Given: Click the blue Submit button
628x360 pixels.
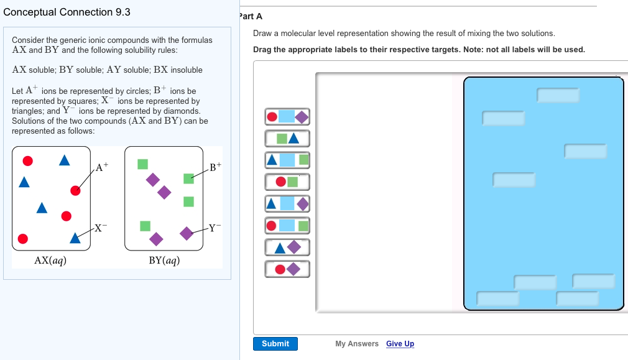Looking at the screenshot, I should pyautogui.click(x=275, y=344).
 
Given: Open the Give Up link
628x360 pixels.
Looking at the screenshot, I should pyautogui.click(x=400, y=344).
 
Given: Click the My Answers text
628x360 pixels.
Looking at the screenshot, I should pyautogui.click(x=356, y=344).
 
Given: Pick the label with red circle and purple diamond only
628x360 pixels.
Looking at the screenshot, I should pyautogui.click(x=287, y=269).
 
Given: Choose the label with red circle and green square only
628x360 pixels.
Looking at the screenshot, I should pyautogui.click(x=287, y=182).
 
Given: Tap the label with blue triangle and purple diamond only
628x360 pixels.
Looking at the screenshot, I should pyautogui.click(x=287, y=247).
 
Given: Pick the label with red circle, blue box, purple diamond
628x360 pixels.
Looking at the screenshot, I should pyautogui.click(x=287, y=116).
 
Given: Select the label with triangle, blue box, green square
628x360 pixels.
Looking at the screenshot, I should pyautogui.click(x=287, y=160).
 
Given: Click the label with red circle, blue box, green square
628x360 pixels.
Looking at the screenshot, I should pyautogui.click(x=287, y=225).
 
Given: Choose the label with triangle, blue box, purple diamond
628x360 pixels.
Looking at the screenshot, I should pyautogui.click(x=287, y=203).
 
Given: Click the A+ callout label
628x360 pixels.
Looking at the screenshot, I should pyautogui.click(x=102, y=167).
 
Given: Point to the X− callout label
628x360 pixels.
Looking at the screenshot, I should pyautogui.click(x=100, y=228).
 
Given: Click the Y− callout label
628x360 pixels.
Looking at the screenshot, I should pyautogui.click(x=214, y=228).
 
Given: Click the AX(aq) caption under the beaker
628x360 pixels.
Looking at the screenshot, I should pyautogui.click(x=50, y=261).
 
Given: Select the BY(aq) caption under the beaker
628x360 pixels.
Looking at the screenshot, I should pyautogui.click(x=164, y=261).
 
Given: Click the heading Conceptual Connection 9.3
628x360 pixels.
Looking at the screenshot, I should pyautogui.click(x=67, y=12).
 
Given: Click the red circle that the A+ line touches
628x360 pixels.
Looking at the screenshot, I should pyautogui.click(x=75, y=190).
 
